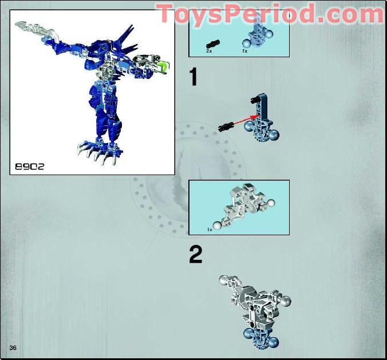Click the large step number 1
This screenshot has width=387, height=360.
(x=194, y=77)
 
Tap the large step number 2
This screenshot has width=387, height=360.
(x=195, y=254)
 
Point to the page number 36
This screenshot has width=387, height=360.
(x=13, y=348)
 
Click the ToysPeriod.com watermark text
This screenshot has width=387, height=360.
(x=270, y=13)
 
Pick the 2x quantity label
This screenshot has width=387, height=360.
(x=210, y=51)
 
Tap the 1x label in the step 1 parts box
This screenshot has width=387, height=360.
(x=245, y=51)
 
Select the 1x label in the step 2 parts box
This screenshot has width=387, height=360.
(x=210, y=229)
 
